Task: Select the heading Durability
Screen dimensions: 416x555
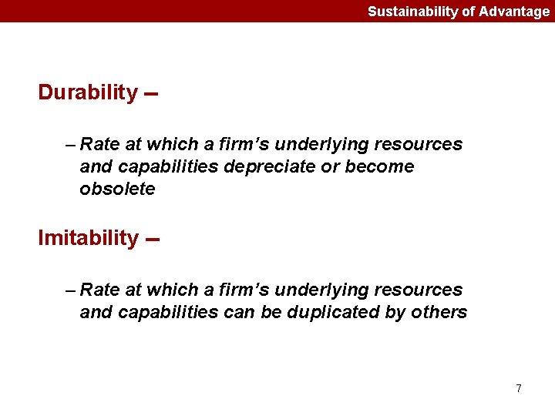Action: (88, 92)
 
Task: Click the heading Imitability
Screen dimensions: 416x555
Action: (88, 238)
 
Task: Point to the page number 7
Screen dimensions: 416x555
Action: (519, 388)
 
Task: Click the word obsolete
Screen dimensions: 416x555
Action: (117, 189)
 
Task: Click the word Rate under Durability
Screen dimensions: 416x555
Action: (99, 144)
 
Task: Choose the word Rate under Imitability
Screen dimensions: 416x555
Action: (99, 290)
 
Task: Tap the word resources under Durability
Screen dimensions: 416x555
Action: (420, 144)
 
